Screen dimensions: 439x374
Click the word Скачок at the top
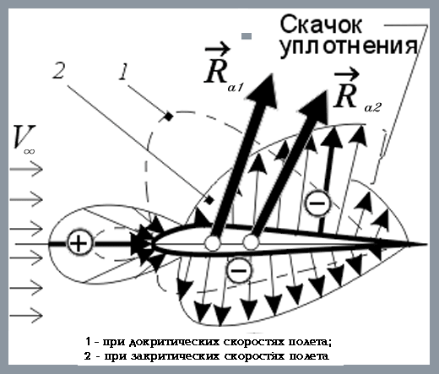coord(321,24)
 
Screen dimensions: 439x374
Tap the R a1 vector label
coord(223,69)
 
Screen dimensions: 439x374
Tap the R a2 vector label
coord(357,91)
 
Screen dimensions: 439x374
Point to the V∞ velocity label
coord(24,139)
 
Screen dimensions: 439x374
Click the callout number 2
coord(59,70)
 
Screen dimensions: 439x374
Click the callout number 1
coord(123,72)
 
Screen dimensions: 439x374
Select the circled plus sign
coord(79,243)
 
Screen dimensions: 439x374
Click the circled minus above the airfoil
coord(317,203)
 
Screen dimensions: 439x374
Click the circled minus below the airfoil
coord(239,270)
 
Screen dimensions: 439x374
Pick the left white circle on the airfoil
coord(213,243)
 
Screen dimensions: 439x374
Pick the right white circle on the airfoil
coord(251,242)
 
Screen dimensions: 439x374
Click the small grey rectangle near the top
coord(247,36)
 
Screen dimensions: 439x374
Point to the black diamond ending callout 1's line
coord(169,117)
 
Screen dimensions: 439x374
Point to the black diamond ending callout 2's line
coord(209,200)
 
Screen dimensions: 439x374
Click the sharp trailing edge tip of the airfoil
coord(426,244)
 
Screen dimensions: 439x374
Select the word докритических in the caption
coord(174,342)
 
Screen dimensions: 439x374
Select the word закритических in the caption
coord(176,356)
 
